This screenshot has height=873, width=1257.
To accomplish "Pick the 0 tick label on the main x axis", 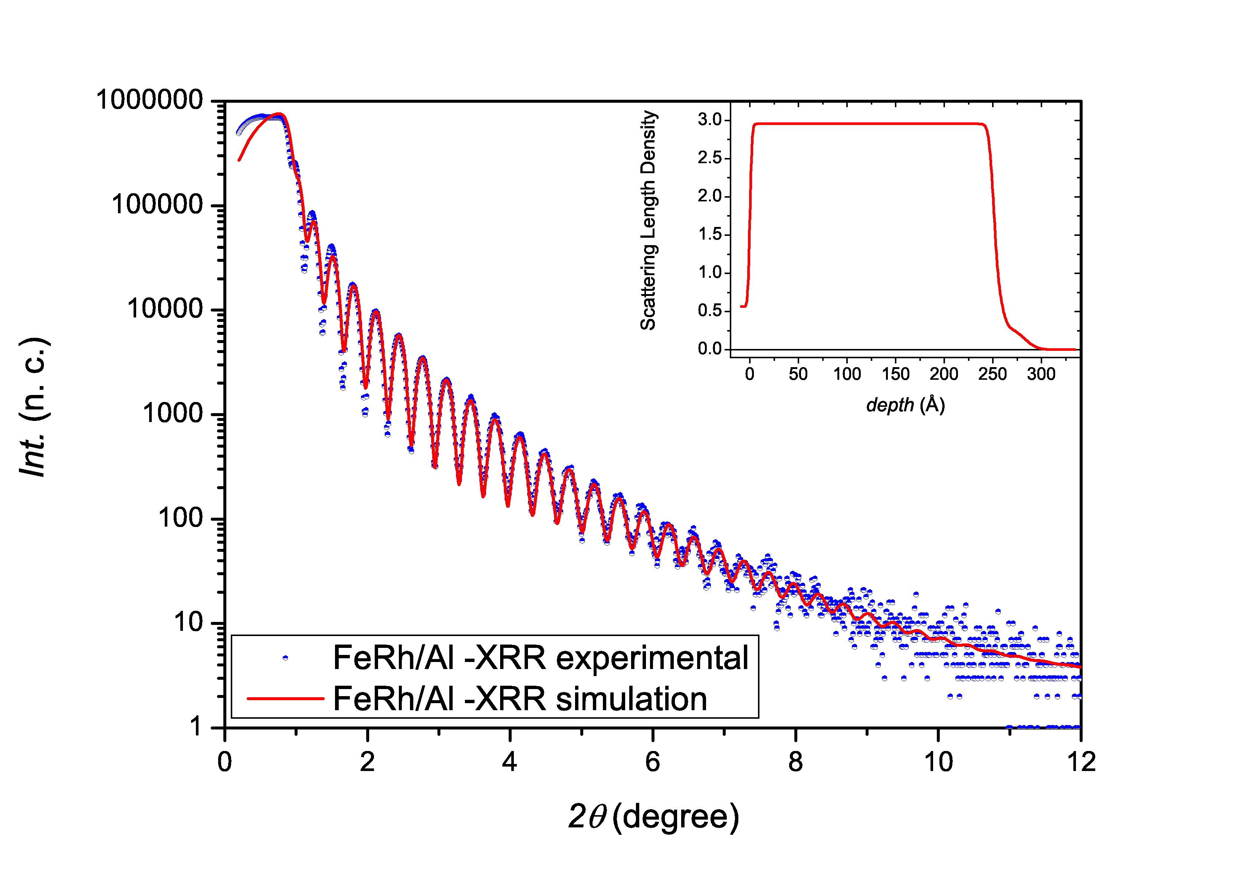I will pos(225,761).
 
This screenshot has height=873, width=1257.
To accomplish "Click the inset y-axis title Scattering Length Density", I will pos(649,220).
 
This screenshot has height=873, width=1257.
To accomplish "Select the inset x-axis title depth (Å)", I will pos(906,404).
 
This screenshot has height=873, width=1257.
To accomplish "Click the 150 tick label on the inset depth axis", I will pos(895,374).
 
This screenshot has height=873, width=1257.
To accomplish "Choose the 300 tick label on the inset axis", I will pos(1040,374).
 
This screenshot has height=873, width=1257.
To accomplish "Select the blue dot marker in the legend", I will pos(285,658).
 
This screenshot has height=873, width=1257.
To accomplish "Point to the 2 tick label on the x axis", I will pos(367,761).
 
